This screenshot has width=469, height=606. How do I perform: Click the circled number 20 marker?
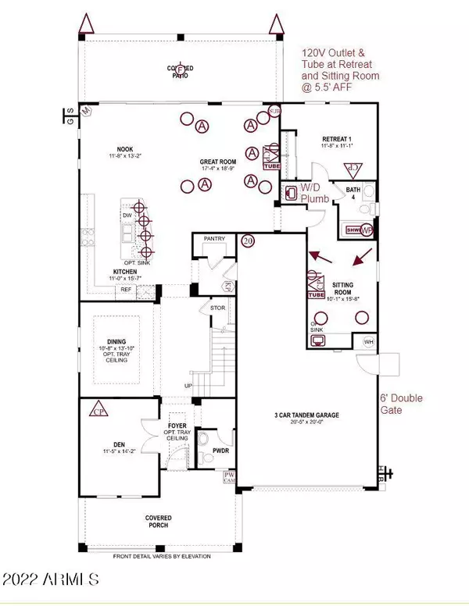[x=249, y=241]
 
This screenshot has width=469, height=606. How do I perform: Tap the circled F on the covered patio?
[x=182, y=69]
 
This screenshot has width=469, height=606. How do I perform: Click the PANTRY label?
[x=213, y=238]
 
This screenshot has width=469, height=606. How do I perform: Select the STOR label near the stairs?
[x=218, y=308]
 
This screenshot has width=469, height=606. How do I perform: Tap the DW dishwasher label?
[x=127, y=214]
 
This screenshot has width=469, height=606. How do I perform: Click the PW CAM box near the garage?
[x=230, y=477]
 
